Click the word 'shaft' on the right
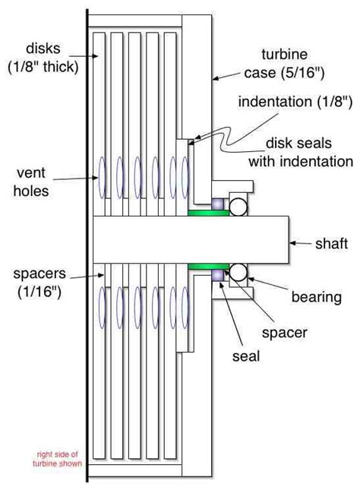point(331,243)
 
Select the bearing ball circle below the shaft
point(238,273)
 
